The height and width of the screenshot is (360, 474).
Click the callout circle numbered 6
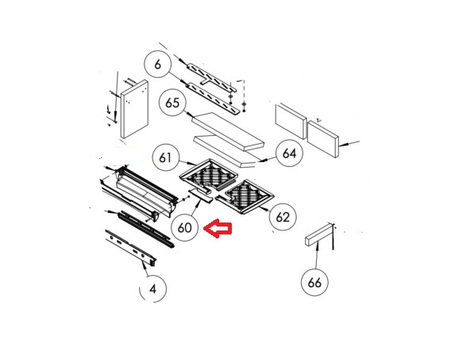(157, 64)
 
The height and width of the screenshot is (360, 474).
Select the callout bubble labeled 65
(172, 103)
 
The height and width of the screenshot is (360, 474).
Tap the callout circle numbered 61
(165, 157)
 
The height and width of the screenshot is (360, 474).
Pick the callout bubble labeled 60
(184, 227)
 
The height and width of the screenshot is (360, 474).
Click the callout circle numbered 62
(283, 217)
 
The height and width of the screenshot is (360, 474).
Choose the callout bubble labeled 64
(289, 153)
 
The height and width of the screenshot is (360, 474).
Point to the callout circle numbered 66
(314, 283)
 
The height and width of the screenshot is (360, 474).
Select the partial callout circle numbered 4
(152, 289)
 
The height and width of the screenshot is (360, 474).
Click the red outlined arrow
(218, 228)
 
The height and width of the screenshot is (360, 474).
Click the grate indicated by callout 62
(245, 196)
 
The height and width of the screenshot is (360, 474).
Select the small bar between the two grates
(199, 195)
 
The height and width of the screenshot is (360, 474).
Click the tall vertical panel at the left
(134, 109)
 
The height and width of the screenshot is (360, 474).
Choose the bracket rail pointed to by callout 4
(130, 247)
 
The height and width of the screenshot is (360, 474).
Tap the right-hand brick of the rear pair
(323, 139)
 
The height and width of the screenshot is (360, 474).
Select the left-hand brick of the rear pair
(291, 121)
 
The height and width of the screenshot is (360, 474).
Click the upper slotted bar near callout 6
(211, 76)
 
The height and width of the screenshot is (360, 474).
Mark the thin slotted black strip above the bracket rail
(146, 229)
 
